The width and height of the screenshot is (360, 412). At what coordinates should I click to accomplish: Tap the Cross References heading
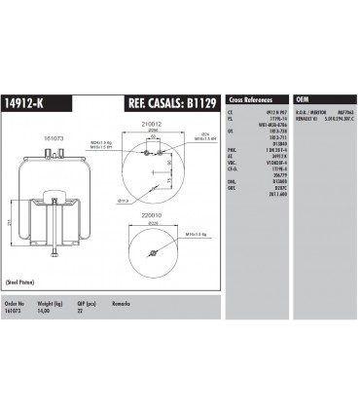click(251, 99)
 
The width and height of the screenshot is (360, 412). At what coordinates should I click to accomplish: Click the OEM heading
click(302, 99)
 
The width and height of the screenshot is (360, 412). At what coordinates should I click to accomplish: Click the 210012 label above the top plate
click(152, 124)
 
